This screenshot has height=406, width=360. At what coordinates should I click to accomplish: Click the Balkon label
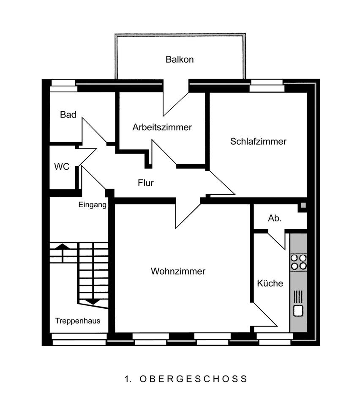[180, 59]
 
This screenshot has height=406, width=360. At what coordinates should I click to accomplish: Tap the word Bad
[68, 115]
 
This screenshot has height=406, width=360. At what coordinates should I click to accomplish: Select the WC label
[62, 167]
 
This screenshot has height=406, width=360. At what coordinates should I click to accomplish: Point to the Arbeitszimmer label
[162, 127]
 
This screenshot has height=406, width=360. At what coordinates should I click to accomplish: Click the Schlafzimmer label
[258, 141]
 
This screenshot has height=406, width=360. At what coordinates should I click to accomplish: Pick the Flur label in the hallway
[145, 183]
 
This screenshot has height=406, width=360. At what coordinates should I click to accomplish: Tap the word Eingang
[92, 205]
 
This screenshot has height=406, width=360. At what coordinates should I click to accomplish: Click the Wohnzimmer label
[178, 271]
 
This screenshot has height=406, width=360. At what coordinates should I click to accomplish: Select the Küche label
[270, 283]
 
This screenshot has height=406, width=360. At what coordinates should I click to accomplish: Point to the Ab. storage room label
[274, 218]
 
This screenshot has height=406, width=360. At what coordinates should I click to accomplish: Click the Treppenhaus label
[78, 321]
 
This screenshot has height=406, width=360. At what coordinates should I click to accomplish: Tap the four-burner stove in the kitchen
[298, 262]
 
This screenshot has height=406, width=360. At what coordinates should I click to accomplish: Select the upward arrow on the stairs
[63, 252]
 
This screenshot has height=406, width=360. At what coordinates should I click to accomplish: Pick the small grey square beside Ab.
[303, 206]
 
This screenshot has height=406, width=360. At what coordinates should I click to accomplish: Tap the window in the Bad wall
[63, 85]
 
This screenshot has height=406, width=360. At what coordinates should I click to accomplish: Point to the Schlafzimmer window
[267, 85]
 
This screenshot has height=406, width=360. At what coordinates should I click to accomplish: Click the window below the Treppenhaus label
[79, 339]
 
